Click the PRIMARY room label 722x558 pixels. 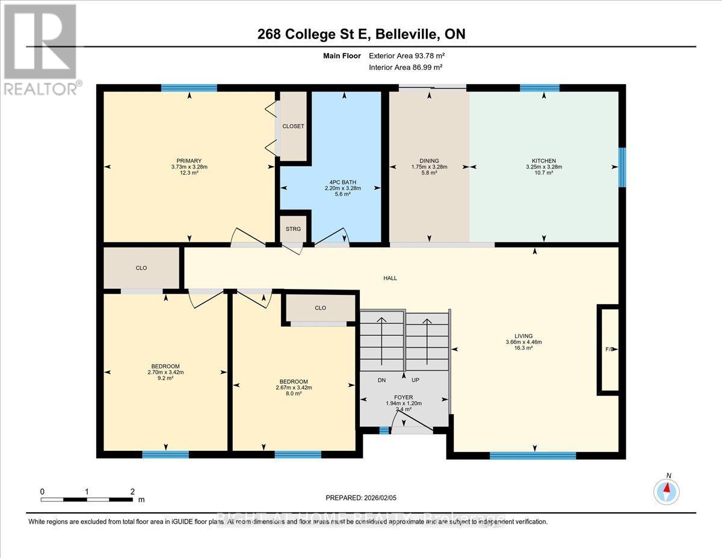tap(189, 161)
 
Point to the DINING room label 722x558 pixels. tap(429, 161)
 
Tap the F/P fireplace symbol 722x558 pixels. tap(608, 349)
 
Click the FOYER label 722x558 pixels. tap(403, 397)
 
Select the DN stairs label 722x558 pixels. tap(381, 380)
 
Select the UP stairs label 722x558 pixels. tap(415, 380)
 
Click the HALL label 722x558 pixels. tap(390, 278)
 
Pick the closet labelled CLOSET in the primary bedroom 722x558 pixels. tap(293, 126)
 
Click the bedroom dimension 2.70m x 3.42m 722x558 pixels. tap(165, 372)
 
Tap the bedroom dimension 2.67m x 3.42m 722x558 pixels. tap(294, 388)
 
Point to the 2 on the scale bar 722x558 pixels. tap(132, 491)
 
